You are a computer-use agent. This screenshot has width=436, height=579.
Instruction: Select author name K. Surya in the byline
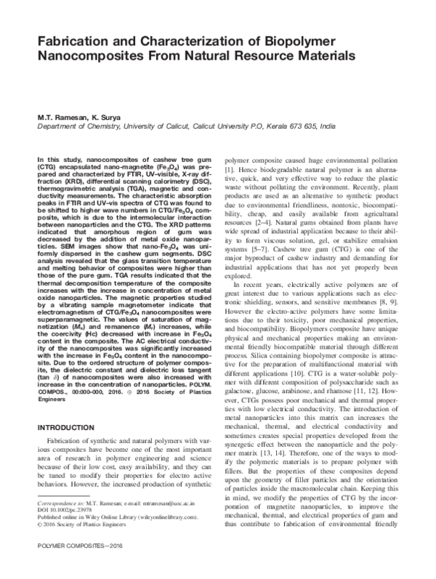point(102,113)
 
